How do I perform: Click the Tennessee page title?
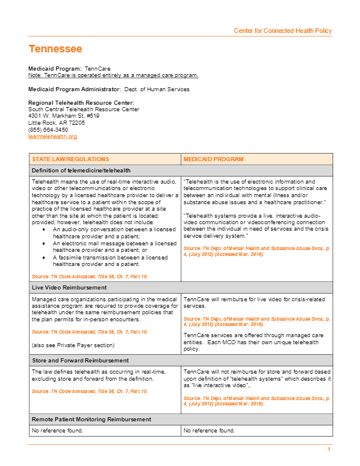[55, 49]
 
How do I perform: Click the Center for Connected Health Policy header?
[282, 31]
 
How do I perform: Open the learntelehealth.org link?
[52, 137]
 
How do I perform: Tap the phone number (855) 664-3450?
[48, 129]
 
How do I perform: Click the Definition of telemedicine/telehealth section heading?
[81, 171]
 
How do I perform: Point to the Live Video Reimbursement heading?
[69, 288]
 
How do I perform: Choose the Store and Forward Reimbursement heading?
[79, 360]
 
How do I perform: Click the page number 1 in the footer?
[329, 450]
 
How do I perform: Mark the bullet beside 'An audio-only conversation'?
[44, 229]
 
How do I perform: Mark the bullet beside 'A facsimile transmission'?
[44, 257]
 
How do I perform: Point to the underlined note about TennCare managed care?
[113, 75]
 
